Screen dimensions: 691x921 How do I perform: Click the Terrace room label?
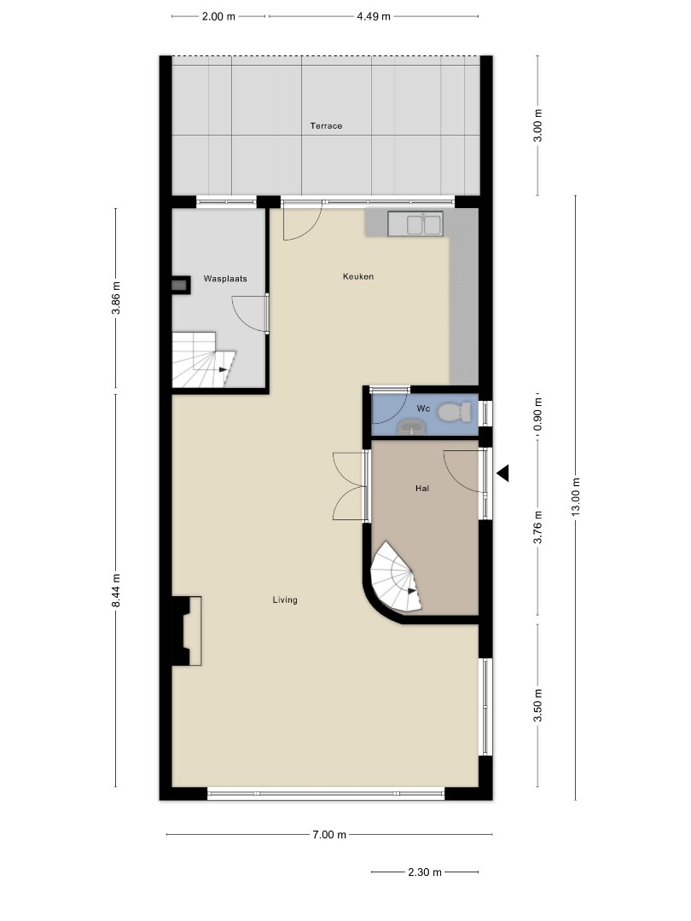(326, 125)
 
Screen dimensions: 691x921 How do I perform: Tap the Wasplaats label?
(225, 278)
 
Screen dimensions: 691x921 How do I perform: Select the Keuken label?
(358, 276)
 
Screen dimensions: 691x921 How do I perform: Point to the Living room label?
(285, 600)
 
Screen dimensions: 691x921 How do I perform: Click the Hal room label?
(422, 488)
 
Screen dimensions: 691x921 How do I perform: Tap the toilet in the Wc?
(455, 412)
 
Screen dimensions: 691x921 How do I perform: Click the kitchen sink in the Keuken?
(415, 223)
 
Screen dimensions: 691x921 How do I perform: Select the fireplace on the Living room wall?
(186, 631)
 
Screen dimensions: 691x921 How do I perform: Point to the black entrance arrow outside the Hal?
(503, 472)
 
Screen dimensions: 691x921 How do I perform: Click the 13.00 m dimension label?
(575, 497)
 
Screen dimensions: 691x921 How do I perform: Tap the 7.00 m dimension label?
(329, 834)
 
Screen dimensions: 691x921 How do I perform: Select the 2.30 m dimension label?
(425, 872)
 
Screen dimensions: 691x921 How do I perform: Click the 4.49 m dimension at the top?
(374, 16)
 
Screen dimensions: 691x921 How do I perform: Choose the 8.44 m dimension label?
(116, 590)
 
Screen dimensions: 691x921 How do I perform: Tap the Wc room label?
(423, 408)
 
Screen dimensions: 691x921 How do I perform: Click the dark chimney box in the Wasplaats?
(180, 285)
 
